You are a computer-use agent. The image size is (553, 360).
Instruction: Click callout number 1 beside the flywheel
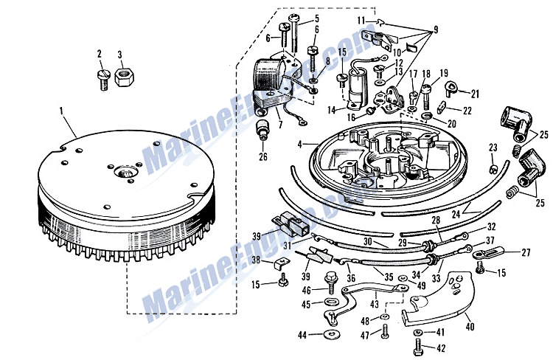tap(61, 111)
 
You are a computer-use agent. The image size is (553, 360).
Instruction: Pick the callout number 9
tap(435, 30)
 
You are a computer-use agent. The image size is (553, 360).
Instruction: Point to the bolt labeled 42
tap(418, 345)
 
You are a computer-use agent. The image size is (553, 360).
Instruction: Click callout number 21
tap(475, 94)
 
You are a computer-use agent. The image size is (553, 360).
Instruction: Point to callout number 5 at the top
tap(296, 18)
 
